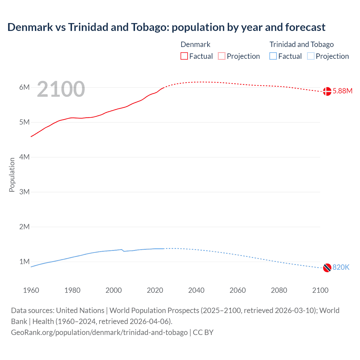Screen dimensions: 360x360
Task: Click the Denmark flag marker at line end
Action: click(327, 91)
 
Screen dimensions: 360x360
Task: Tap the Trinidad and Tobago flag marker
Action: click(327, 268)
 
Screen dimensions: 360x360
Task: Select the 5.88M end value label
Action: click(342, 91)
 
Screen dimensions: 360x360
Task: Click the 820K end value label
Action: click(341, 267)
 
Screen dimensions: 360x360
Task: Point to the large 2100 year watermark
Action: click(61, 89)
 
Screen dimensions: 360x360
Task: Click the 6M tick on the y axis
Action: click(24, 87)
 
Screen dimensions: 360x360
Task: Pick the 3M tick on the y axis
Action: click(24, 192)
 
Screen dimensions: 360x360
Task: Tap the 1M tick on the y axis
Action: click(24, 262)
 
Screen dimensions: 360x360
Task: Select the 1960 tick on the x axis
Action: click(31, 290)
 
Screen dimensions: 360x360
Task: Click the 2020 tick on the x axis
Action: click(155, 290)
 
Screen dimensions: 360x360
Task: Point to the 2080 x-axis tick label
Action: click(279, 290)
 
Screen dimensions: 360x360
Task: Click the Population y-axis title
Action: click(12, 175)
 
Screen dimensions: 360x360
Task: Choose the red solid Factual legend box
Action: click(184, 56)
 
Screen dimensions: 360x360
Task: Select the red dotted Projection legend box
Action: click(222, 56)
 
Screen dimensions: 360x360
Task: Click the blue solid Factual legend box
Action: click(273, 56)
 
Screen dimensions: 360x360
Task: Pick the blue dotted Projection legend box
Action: click(311, 56)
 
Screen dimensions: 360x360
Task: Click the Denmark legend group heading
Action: click(195, 44)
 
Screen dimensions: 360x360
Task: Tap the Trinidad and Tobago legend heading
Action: click(301, 44)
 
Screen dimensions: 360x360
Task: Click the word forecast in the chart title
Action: click(305, 27)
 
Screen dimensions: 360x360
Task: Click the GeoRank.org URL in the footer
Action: click(99, 332)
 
